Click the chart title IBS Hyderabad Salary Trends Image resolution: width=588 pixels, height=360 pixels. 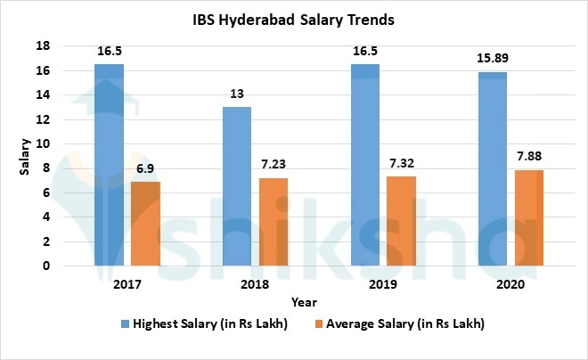[294, 19]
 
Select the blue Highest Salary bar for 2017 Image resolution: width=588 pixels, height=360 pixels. [109, 165]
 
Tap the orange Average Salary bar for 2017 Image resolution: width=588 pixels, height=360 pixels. [145, 224]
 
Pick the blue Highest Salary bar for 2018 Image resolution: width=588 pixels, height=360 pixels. [236, 186]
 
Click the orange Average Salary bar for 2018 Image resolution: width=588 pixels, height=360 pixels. [274, 222]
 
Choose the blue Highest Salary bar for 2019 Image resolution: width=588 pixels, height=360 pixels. [364, 165]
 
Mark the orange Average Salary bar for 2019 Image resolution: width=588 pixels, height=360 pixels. [401, 221]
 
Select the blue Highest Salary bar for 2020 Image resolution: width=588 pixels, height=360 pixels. [492, 168]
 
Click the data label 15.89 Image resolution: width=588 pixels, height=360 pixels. [492, 58]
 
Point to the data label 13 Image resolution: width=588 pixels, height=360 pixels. [236, 94]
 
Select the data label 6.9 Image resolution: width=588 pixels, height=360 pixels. [145, 168]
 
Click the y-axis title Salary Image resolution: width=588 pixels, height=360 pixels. [27, 156]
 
